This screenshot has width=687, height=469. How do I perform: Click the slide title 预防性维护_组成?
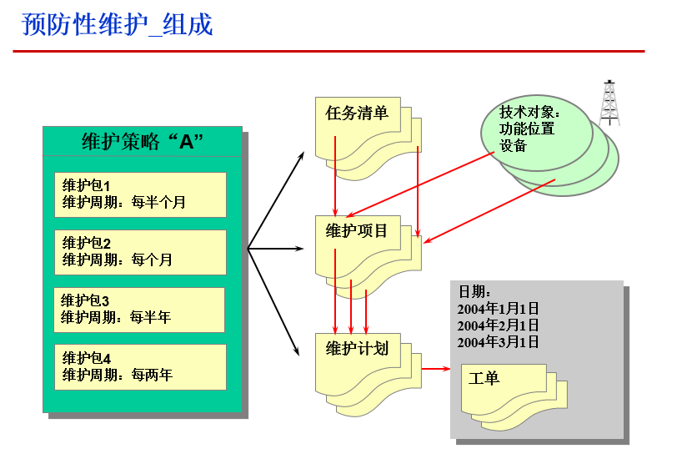click(118, 25)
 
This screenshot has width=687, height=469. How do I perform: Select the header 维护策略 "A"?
click(143, 141)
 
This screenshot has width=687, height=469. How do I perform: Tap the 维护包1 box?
click(140, 194)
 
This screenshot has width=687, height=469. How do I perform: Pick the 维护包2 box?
click(140, 252)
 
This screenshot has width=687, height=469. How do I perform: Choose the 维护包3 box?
click(139, 310)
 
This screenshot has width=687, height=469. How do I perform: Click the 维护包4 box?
click(140, 367)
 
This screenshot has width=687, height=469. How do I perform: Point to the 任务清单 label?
click(357, 113)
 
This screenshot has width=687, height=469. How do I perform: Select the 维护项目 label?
click(357, 230)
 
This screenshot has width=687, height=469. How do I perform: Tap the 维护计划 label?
click(357, 348)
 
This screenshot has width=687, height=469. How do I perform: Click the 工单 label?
click(484, 378)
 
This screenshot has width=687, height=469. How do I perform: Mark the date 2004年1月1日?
click(498, 309)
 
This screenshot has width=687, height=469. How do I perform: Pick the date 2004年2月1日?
click(498, 325)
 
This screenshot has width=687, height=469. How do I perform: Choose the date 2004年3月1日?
click(498, 342)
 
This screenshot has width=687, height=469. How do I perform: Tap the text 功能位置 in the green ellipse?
click(527, 129)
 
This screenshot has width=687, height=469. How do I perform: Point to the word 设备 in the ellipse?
click(514, 146)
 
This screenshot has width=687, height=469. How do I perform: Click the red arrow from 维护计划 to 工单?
click(435, 367)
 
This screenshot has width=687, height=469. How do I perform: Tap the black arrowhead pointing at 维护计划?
click(296, 351)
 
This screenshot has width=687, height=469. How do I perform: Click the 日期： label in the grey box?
click(474, 292)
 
